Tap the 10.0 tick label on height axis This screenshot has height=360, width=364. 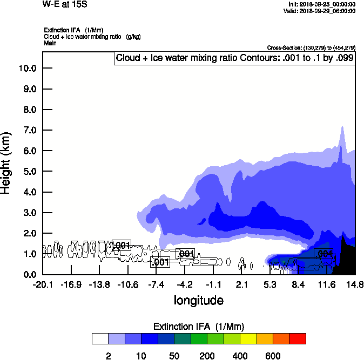(27, 69)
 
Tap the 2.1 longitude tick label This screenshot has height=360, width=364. (241, 284)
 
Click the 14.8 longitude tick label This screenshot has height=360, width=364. (355, 284)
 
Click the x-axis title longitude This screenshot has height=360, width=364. (198, 300)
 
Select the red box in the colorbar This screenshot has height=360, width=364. (298, 338)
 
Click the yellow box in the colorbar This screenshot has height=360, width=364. (248, 338)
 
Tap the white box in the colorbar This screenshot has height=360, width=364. (100, 338)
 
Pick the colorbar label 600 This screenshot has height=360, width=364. (273, 356)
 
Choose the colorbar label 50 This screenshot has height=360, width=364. (174, 356)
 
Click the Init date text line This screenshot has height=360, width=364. (322, 4)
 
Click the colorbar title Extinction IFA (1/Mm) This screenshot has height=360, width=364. (199, 327)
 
